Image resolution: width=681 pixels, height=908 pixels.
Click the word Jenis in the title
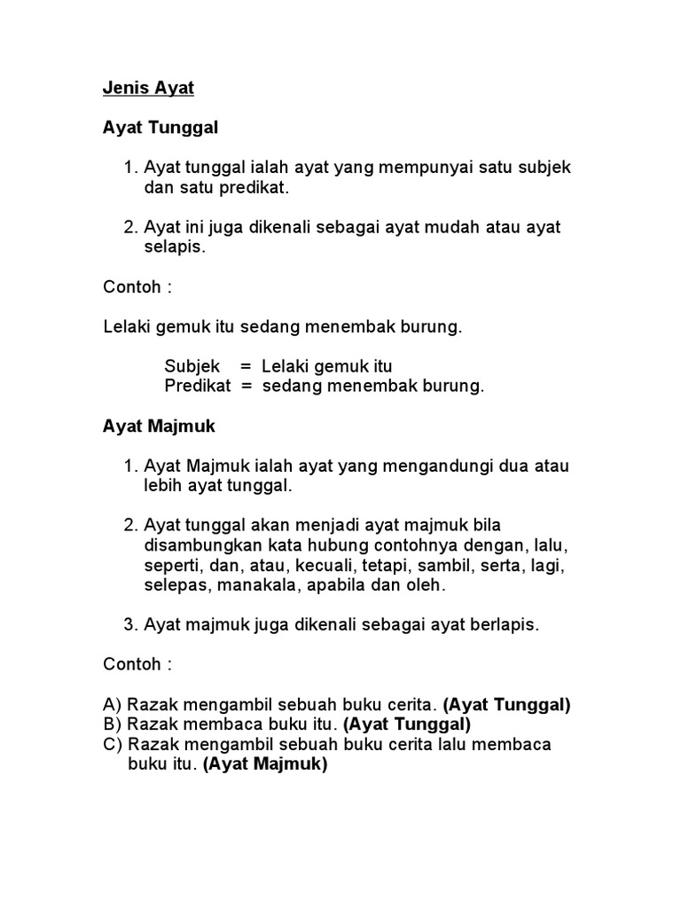pos(121,89)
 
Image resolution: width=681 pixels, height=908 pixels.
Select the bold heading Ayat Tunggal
pos(160,128)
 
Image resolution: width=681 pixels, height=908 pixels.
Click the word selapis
pos(175,247)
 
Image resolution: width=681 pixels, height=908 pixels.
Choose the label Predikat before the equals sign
pos(198,387)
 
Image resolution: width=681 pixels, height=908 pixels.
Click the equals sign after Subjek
pos(247,366)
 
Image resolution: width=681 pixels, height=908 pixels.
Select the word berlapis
pos(505,625)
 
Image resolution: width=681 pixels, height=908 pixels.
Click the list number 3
pos(129,625)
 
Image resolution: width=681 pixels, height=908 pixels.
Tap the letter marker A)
pos(113,705)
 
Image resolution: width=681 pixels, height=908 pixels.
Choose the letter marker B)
pos(113,724)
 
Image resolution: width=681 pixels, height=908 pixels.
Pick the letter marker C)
pos(113,744)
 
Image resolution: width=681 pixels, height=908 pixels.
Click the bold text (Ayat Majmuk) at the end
pos(265,764)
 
